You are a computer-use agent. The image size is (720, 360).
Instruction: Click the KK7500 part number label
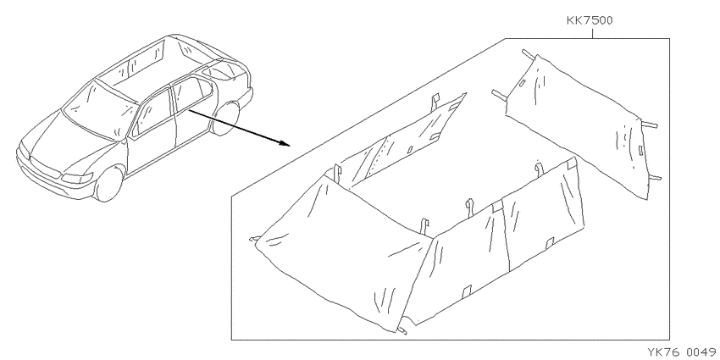coord(590,20)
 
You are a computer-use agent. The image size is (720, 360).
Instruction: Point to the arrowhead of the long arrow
coord(285,143)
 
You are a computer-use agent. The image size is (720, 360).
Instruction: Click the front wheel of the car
coord(108,184)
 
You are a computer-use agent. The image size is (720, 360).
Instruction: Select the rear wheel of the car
coord(227,119)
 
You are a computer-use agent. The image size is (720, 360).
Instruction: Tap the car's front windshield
coord(99,110)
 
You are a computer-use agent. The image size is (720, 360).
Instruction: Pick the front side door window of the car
coord(153,113)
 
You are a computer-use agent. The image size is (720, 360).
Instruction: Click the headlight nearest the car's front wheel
coord(77,178)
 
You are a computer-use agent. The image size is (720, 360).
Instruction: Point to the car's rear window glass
coord(223,69)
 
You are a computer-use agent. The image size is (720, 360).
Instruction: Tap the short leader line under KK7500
coord(592,34)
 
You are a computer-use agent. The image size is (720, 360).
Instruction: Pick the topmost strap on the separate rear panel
coord(529,55)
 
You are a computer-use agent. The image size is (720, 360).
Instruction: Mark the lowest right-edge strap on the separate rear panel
coord(654,178)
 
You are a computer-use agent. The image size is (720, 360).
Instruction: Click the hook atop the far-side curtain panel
coord(435,101)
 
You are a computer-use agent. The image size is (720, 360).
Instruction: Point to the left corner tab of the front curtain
coord(255,239)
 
